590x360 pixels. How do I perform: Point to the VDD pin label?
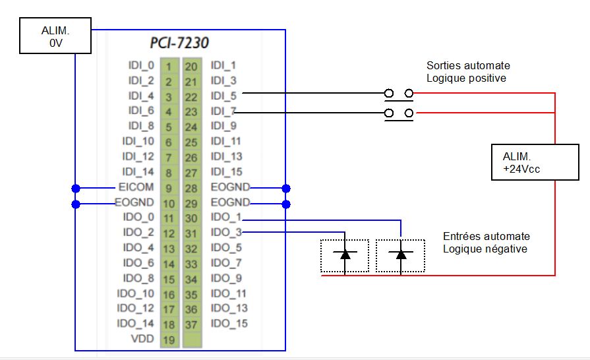pos(142,339)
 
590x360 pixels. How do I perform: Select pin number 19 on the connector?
pos(168,340)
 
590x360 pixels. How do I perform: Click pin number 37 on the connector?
pos(191,324)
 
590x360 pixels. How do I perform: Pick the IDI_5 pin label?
pos(223,96)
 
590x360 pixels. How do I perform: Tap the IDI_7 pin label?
pos(223,111)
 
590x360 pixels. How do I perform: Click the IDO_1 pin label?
pos(226,218)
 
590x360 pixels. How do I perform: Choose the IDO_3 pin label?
pos(226,232)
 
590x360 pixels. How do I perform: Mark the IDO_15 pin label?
pos(229,324)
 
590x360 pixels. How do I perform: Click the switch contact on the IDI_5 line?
pos(399,94)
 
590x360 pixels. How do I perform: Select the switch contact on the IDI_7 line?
pos(399,113)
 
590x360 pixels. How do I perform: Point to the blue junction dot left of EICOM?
pos(76,187)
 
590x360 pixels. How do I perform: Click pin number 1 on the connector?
pos(168,66)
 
